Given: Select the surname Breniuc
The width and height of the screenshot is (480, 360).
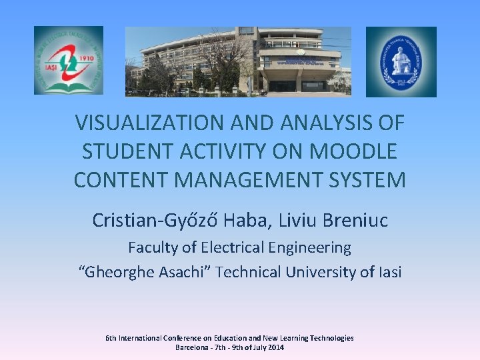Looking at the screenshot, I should tap(354, 220).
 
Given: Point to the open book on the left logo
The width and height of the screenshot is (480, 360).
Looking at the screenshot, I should tap(68, 85).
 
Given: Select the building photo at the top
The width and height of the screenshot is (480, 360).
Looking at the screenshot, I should tap(238, 61).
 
